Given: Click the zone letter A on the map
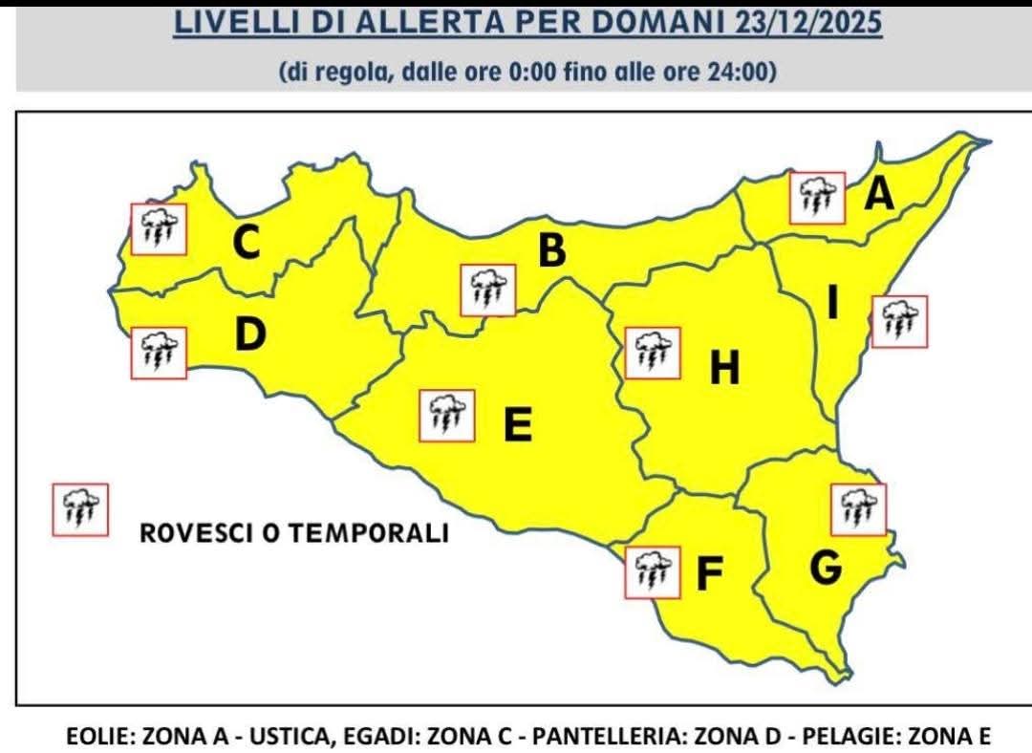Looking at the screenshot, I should click(878, 195).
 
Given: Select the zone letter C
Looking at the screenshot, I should click(246, 243).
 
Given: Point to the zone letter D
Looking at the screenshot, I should click(249, 334).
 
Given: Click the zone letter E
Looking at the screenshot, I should click(517, 425).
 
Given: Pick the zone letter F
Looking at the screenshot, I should click(708, 573).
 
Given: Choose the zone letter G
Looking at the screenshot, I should click(826, 568).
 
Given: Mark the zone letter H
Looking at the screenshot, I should click(724, 368).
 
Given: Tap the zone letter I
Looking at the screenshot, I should click(832, 306).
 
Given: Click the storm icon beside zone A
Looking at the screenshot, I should click(818, 198).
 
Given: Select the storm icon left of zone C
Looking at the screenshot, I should click(158, 227).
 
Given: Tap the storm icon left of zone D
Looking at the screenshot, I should click(158, 353).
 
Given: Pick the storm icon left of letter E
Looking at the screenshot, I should click(447, 416).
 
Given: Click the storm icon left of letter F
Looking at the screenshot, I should click(652, 572).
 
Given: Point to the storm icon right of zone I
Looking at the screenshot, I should click(899, 321).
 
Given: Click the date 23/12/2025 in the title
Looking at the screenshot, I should click(808, 23).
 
